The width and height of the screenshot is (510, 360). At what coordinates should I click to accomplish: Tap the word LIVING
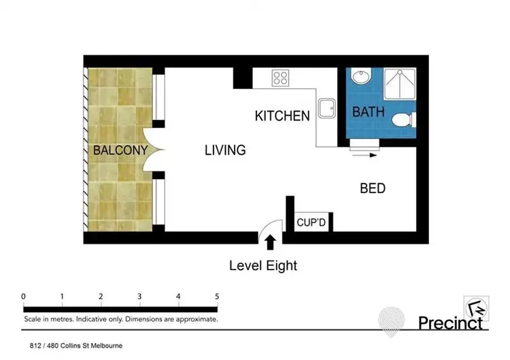225,150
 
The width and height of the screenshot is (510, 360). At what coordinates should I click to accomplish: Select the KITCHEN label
282,116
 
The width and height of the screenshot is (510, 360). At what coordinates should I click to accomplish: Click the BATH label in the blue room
368,112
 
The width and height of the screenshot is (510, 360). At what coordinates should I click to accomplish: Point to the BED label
373,189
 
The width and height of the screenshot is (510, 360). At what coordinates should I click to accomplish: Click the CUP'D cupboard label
312,223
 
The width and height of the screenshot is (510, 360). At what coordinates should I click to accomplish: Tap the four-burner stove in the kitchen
280,78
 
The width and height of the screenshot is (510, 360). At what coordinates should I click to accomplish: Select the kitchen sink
327,108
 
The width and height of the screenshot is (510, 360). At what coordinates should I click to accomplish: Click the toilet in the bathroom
403,120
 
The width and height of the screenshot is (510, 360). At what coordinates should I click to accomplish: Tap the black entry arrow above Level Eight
270,241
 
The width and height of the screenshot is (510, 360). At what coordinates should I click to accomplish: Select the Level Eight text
262,265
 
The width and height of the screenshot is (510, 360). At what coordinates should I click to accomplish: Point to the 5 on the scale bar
216,296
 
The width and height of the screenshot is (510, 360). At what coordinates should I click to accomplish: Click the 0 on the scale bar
23,296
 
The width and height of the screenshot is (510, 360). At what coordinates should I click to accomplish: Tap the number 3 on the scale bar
139,296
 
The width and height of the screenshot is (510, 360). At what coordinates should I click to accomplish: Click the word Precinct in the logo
450,321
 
